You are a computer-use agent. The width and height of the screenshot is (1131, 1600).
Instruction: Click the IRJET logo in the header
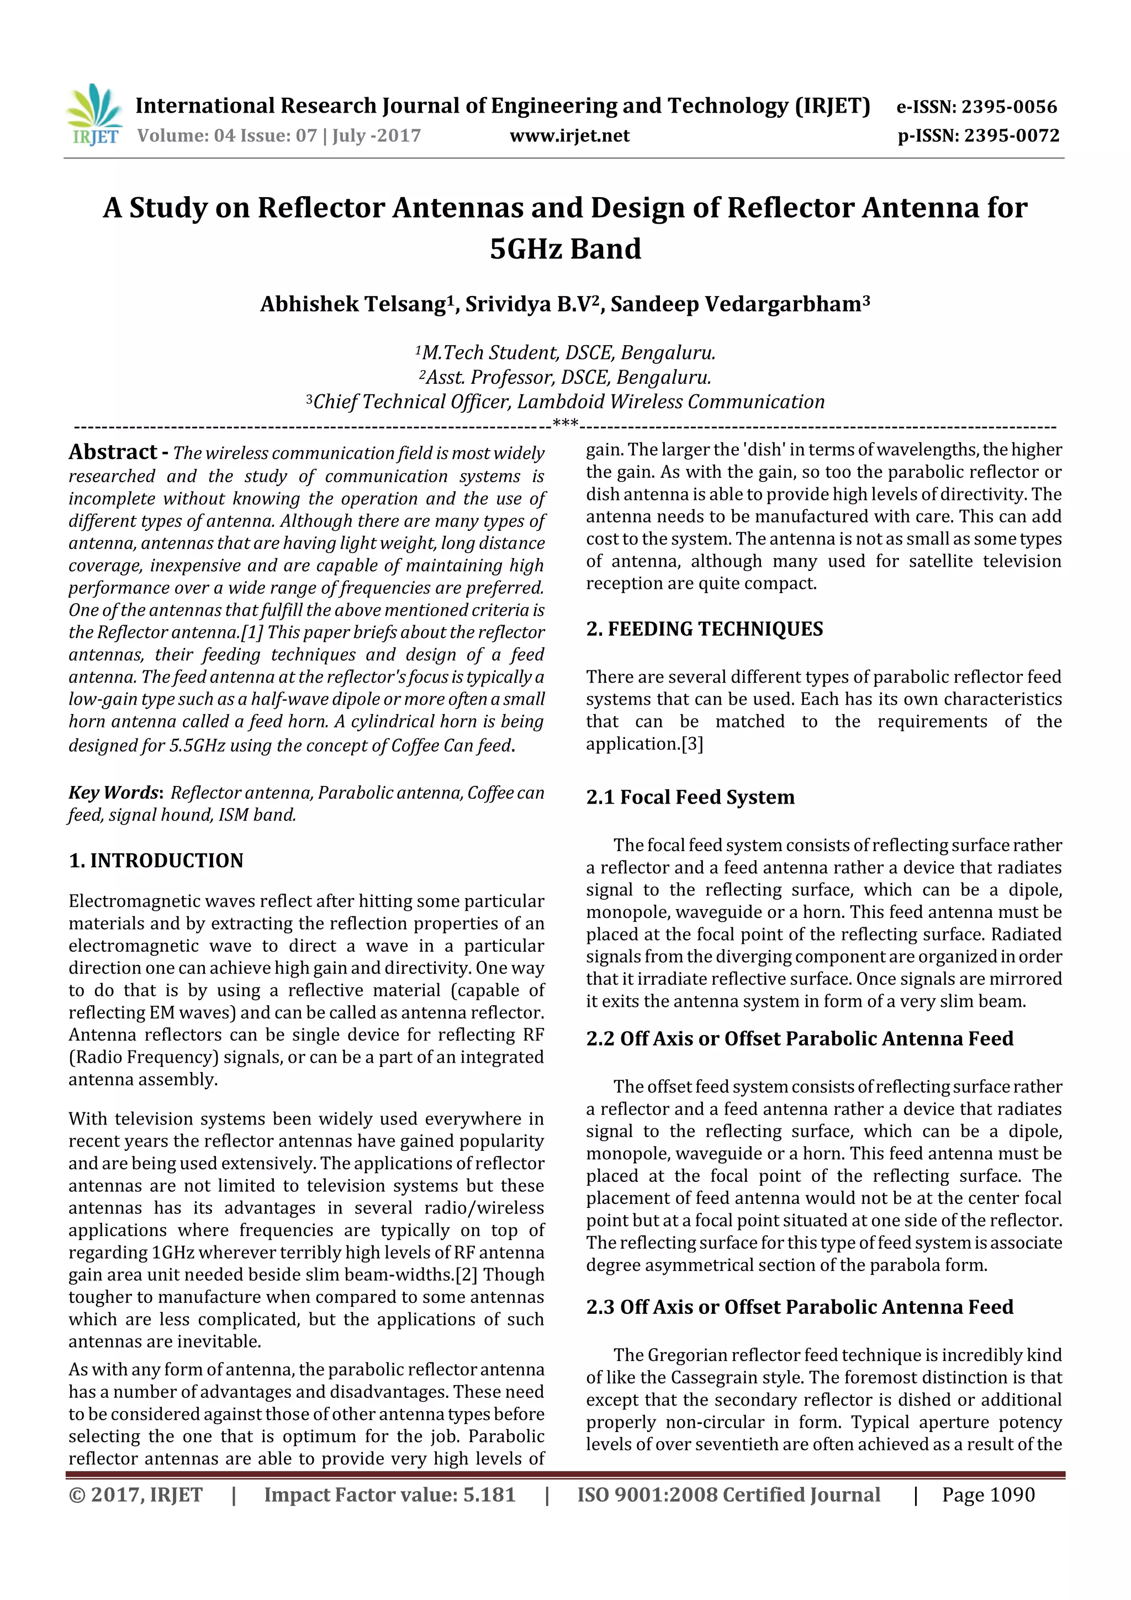coord(93,115)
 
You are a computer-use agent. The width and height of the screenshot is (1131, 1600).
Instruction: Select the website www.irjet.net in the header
coord(569,135)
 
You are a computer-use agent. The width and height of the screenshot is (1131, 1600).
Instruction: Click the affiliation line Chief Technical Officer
coord(565,402)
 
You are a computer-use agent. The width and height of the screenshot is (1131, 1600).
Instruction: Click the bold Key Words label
coord(115,793)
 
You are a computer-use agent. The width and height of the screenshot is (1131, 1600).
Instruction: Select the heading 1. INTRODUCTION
coord(156,860)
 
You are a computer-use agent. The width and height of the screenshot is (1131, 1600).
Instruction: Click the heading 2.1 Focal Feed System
coord(690,797)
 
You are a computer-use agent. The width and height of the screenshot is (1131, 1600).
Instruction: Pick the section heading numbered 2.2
coord(799,1038)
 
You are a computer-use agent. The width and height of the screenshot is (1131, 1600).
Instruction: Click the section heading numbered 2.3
coord(799,1307)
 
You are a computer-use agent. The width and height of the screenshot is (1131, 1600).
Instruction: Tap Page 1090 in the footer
coord(987,1495)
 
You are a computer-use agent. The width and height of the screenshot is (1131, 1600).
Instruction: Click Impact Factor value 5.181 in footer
coord(389,1495)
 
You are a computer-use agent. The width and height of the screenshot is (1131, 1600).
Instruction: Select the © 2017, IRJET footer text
coord(135,1495)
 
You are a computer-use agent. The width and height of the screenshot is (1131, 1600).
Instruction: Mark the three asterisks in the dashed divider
coord(564,423)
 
